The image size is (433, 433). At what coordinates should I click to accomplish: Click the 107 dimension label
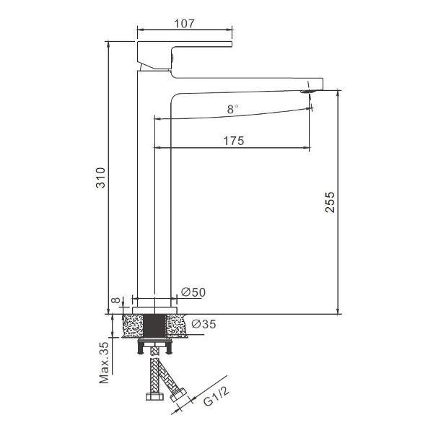[x=184, y=24]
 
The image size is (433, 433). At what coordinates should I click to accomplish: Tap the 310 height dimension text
[x=100, y=178]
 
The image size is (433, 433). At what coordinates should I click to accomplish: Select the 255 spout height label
[x=330, y=202]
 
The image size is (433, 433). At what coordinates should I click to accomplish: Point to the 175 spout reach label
[x=234, y=141]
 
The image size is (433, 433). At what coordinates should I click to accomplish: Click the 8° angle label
[x=232, y=110]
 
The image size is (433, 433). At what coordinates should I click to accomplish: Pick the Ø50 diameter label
[x=193, y=292]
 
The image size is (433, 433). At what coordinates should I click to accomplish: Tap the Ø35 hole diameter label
[x=204, y=324]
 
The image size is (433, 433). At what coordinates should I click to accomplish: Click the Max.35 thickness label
[x=105, y=362]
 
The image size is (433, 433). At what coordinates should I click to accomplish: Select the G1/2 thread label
[x=216, y=396]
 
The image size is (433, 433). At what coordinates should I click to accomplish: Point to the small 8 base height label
[x=116, y=300]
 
